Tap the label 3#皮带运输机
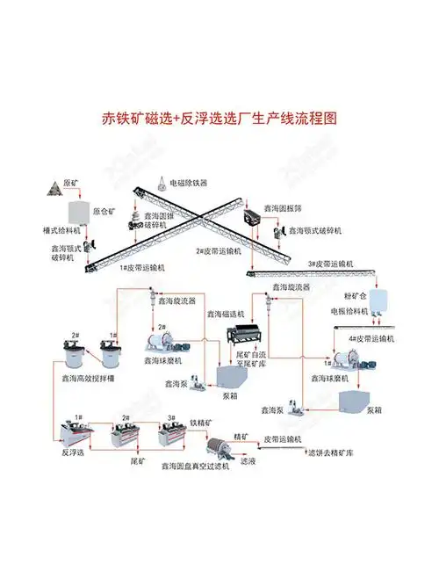click(x=331, y=264)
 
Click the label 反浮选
click(x=75, y=454)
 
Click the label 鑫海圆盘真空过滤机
click(x=195, y=467)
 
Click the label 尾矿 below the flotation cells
click(x=138, y=459)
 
